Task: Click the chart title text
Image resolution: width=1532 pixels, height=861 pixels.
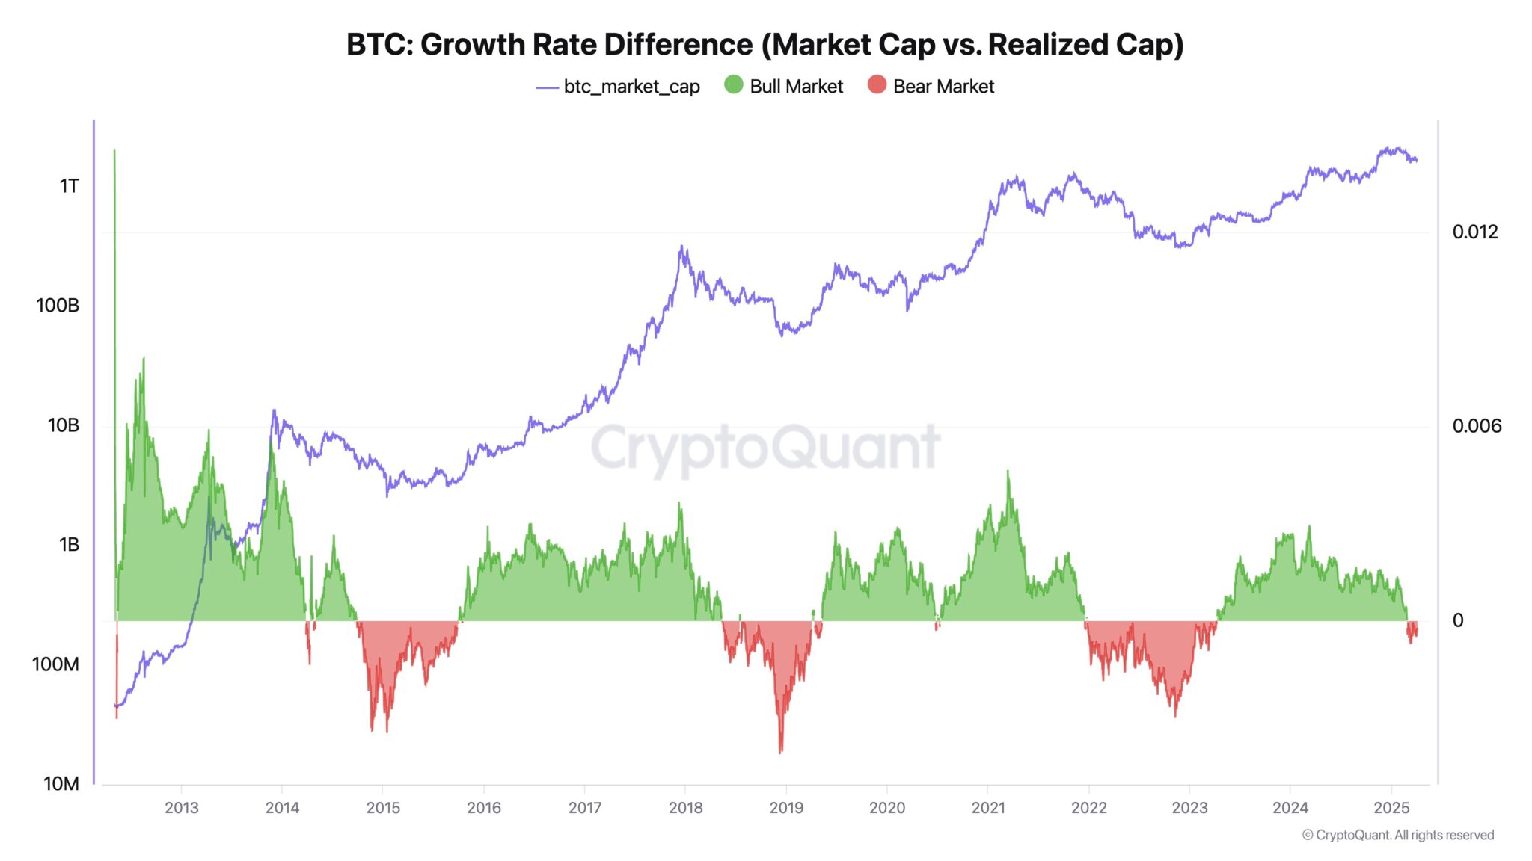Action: (765, 45)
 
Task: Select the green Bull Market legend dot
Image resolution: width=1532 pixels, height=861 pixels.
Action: (734, 85)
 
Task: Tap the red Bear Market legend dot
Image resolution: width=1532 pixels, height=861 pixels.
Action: (877, 85)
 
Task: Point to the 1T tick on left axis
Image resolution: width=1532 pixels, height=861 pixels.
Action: (69, 186)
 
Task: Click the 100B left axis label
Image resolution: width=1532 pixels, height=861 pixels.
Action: (58, 306)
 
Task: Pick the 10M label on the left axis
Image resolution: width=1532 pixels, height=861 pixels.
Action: (61, 784)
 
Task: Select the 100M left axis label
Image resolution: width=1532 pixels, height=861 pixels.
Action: (55, 664)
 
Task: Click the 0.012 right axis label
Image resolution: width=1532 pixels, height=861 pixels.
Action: (1475, 232)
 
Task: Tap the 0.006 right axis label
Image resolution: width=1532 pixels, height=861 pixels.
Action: (1477, 427)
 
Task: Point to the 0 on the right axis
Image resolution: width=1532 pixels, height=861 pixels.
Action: (1458, 620)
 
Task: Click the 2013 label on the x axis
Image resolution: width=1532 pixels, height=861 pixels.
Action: (181, 808)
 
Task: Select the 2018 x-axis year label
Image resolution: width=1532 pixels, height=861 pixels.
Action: (685, 808)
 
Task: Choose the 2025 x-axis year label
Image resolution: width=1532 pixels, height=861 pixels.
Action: (1391, 808)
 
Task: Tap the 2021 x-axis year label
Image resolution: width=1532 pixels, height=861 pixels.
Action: (988, 808)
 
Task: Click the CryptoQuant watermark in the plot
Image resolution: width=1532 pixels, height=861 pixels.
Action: (765, 447)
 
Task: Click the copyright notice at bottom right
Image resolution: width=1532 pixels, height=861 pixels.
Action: (1397, 836)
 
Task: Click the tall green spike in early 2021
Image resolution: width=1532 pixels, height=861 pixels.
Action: (1008, 475)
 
